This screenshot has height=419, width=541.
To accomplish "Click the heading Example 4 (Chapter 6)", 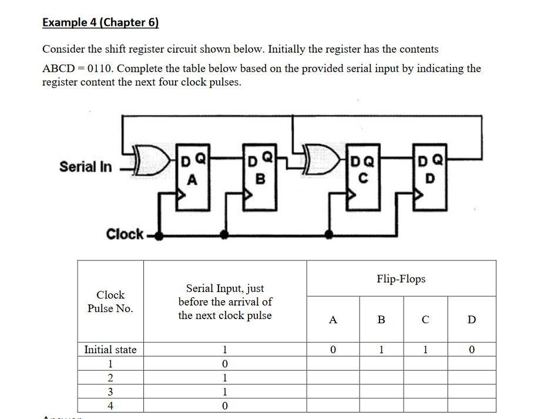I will pyautogui.click(x=100, y=23).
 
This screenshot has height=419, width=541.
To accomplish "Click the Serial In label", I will pyautogui.click(x=85, y=166).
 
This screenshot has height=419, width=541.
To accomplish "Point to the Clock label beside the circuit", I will pyautogui.click(x=125, y=234).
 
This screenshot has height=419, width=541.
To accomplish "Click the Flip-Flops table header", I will pyautogui.click(x=401, y=279).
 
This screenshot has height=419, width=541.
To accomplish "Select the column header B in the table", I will pyautogui.click(x=381, y=320).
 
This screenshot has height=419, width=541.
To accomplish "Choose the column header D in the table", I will pyautogui.click(x=472, y=320).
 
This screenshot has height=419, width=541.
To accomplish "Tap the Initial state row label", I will pyautogui.click(x=110, y=350).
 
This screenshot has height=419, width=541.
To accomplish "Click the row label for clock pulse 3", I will pyautogui.click(x=110, y=392).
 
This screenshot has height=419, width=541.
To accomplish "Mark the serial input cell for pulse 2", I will pyautogui.click(x=224, y=378).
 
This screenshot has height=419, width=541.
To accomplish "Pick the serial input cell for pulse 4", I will pyautogui.click(x=224, y=406).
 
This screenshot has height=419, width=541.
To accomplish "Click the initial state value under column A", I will pyautogui.click(x=333, y=350).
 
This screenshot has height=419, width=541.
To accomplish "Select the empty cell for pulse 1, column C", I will pyautogui.click(x=425, y=364).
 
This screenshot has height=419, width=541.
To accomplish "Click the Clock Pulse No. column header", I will pyautogui.click(x=110, y=301).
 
